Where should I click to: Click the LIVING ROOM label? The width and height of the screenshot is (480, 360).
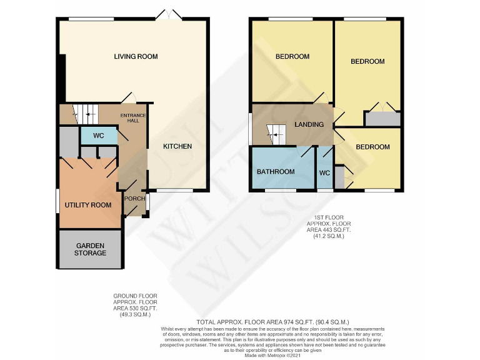pyautogui.click(x=136, y=57)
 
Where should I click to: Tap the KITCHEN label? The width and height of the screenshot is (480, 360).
pyautogui.click(x=177, y=147)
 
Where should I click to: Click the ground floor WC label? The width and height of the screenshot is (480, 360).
pyautogui.click(x=98, y=136)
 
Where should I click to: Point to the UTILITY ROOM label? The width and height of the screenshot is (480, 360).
pyautogui.click(x=88, y=205)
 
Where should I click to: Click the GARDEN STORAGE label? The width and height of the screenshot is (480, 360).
pyautogui.click(x=90, y=249)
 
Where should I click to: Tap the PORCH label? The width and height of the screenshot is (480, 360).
pyautogui.click(x=134, y=199)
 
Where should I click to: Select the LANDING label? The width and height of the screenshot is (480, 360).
pyautogui.click(x=309, y=124)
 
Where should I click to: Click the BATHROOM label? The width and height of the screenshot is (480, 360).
pyautogui.click(x=276, y=172)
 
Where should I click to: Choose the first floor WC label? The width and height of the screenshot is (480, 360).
pyautogui.click(x=324, y=172)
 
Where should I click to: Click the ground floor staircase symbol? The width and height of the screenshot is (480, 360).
pyautogui.click(x=86, y=113)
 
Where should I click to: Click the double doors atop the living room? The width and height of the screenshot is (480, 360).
pyautogui.click(x=167, y=14)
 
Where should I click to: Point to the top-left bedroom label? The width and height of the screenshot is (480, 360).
pyautogui.click(x=292, y=57)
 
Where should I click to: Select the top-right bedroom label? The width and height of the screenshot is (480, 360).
pyautogui.click(x=367, y=62)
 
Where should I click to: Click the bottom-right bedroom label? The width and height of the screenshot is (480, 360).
pyautogui.click(x=372, y=147)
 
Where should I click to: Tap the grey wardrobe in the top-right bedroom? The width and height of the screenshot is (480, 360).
pyautogui.click(x=382, y=119)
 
